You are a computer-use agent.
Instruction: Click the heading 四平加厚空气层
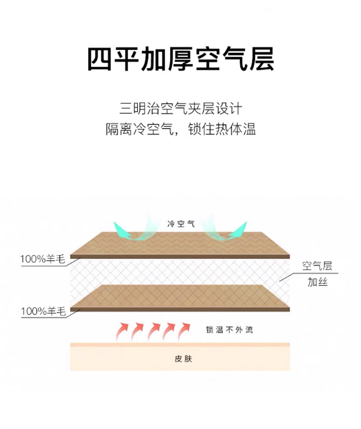point(180,59)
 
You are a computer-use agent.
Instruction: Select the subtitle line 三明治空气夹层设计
point(180,109)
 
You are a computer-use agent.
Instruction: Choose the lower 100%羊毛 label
point(43,312)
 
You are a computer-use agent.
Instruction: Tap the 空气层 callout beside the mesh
point(317,266)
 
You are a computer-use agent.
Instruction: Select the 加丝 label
point(317,282)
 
